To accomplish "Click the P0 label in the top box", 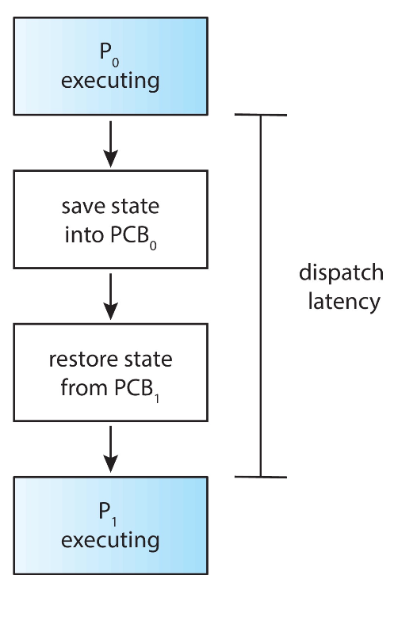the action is (x=109, y=55).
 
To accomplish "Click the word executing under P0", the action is (x=110, y=81).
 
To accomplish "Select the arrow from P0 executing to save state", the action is (x=110, y=144).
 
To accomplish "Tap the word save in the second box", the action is (x=82, y=207).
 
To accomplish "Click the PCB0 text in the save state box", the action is (x=133, y=237).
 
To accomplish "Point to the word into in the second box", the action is (x=84, y=235).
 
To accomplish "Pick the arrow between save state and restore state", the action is (x=110, y=297).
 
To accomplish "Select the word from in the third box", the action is (x=84, y=388).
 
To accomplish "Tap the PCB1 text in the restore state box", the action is (x=136, y=390).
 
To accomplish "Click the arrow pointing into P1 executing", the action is (x=110, y=449).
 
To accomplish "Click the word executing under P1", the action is (x=110, y=540).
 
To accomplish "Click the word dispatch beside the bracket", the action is (x=341, y=274).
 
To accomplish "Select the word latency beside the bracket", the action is (x=344, y=302).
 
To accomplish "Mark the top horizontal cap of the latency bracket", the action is (x=261, y=115).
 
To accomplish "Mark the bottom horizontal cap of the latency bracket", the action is (x=261, y=477).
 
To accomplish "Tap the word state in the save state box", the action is (x=136, y=207).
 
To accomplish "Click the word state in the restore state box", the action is (x=148, y=360).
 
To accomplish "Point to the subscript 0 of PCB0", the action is (x=153, y=246).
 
